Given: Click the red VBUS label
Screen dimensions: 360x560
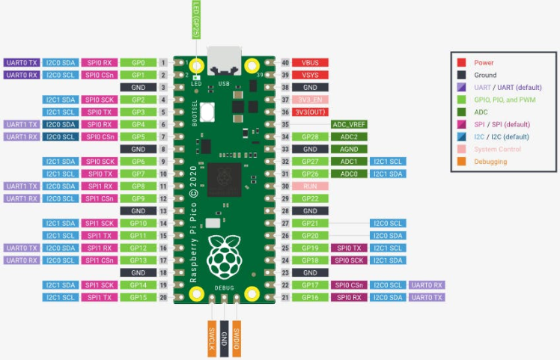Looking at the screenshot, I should (309, 62).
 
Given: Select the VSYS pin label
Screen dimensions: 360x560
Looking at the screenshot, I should (309, 75).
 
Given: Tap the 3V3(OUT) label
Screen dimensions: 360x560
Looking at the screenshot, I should (309, 112).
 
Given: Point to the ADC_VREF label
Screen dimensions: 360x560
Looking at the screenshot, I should (348, 124).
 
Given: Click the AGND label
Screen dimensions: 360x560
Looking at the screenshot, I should (348, 149).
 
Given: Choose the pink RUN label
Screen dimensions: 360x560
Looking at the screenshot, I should (309, 186).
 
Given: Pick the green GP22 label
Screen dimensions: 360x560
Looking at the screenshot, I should (309, 198).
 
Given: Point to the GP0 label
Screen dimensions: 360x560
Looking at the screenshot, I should (137, 63).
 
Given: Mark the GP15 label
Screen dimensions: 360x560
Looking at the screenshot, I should (137, 297).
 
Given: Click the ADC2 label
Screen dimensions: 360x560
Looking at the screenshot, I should (348, 136).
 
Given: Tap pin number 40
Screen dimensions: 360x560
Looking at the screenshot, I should (284, 62).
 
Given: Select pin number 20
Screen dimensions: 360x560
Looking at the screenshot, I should (162, 297).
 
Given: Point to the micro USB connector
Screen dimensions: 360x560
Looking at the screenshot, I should (224, 58).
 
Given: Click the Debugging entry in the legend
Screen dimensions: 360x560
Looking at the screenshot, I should (495, 161).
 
